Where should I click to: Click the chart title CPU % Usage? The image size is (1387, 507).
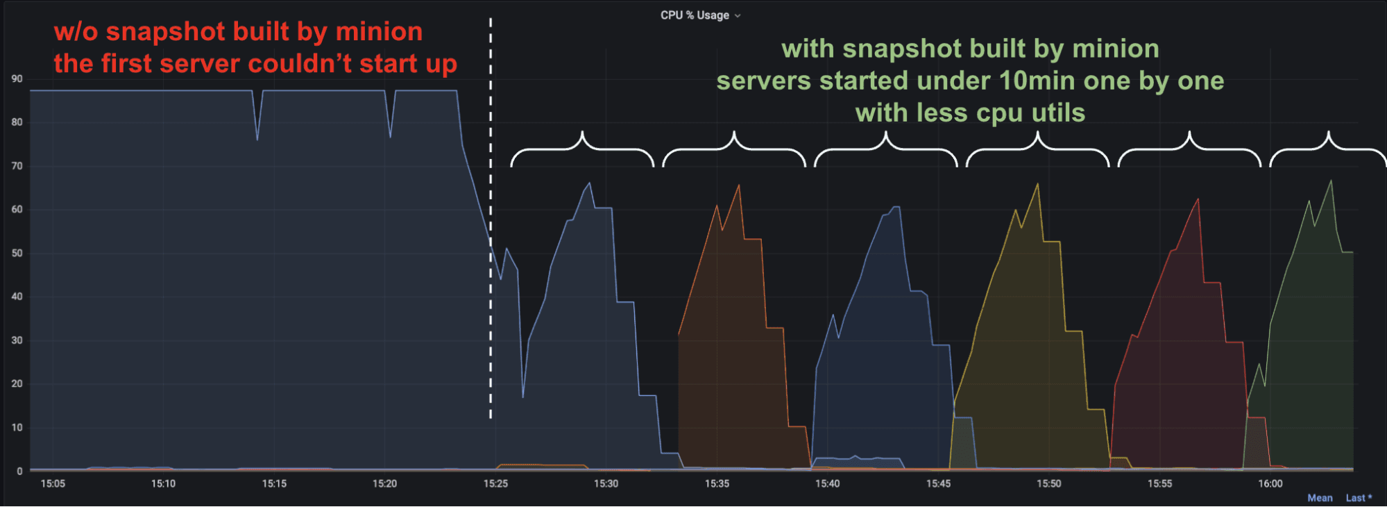coord(695,15)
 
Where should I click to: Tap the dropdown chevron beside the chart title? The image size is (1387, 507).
coord(738,16)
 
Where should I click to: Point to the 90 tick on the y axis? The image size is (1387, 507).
coord(17,79)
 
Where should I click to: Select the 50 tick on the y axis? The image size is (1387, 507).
coord(17,253)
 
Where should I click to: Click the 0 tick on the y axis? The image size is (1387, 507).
coord(19,472)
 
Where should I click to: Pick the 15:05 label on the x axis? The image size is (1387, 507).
coord(53,484)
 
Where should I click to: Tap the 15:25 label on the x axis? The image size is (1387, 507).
coord(495,484)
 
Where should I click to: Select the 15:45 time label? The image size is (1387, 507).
coord(938,484)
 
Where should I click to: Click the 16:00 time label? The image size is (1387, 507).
coord(1270,484)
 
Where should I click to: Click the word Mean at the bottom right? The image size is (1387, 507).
coord(1320,498)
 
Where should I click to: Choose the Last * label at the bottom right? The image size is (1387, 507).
coord(1359,498)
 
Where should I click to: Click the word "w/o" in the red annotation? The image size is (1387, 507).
coord(76,32)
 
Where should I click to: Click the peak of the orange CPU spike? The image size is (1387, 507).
coord(739,185)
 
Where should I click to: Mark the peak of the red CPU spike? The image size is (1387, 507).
coord(1198,200)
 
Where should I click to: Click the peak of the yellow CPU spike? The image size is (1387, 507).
coord(1038,184)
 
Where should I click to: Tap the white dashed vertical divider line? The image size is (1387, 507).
coord(491,208)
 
